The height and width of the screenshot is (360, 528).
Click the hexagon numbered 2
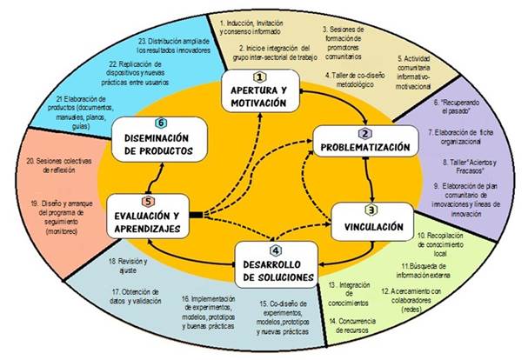(x=365, y=133)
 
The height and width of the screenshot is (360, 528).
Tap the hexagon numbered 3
(x=370, y=210)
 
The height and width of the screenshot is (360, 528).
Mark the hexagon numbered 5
(x=149, y=202)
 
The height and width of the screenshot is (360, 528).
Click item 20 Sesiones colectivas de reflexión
(x=60, y=165)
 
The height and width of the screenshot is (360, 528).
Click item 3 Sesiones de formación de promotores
(x=352, y=40)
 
